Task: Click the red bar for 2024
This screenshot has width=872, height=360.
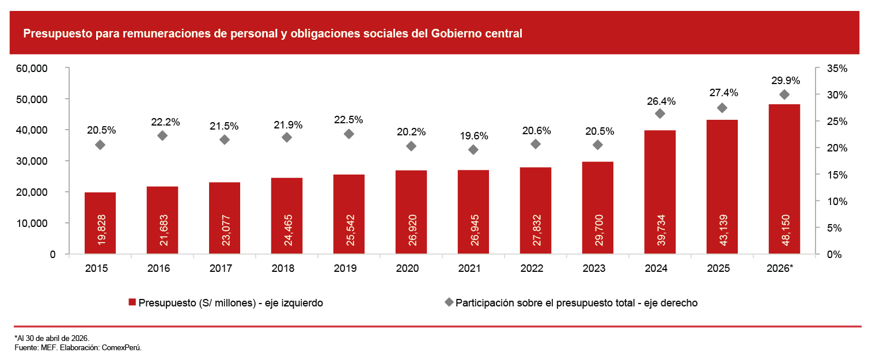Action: point(660,192)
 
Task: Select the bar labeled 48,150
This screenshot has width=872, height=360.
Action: point(784,179)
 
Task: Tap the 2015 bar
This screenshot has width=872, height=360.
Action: point(100,223)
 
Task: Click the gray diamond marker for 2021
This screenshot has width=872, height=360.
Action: point(473,150)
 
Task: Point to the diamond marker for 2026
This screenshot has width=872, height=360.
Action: point(784,94)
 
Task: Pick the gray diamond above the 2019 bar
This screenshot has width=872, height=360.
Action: point(349,134)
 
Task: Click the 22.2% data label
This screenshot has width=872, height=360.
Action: point(165,122)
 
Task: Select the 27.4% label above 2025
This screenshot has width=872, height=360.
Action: point(723,93)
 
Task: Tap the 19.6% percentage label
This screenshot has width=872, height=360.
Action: point(474,136)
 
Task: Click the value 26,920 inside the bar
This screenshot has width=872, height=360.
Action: point(412,230)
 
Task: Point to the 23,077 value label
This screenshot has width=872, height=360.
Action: point(226,230)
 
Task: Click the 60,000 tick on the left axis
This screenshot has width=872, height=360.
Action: point(32,69)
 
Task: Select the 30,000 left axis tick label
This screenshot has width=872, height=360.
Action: point(32,161)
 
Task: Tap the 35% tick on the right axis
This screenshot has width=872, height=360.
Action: point(837,69)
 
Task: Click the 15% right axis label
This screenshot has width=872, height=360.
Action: point(837,175)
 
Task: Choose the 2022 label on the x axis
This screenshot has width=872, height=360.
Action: point(532,268)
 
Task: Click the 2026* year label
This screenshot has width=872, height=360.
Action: point(780,268)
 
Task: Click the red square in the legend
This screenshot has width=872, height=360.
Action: point(132,302)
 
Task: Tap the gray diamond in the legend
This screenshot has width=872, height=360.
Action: point(449,302)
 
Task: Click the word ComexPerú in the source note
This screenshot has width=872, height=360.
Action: point(122,347)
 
